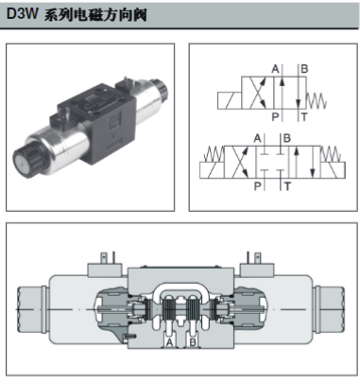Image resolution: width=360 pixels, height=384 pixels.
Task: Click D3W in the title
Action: pos(22,13)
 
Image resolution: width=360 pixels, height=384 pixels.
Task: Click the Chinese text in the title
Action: pos(95,14)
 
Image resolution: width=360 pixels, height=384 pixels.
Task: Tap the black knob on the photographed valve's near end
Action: pos(26,160)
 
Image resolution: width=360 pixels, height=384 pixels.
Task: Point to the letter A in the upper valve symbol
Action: pos(276,69)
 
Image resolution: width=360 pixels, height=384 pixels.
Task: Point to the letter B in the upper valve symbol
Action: pos(304,69)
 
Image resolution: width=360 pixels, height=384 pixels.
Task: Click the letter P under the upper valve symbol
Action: pos(275,117)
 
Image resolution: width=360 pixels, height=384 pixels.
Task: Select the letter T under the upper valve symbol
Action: pos(304,117)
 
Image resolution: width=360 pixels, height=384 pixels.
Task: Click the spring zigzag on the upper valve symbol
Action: pos(317,101)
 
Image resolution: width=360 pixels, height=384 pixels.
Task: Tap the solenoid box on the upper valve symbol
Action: pos(230,101)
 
